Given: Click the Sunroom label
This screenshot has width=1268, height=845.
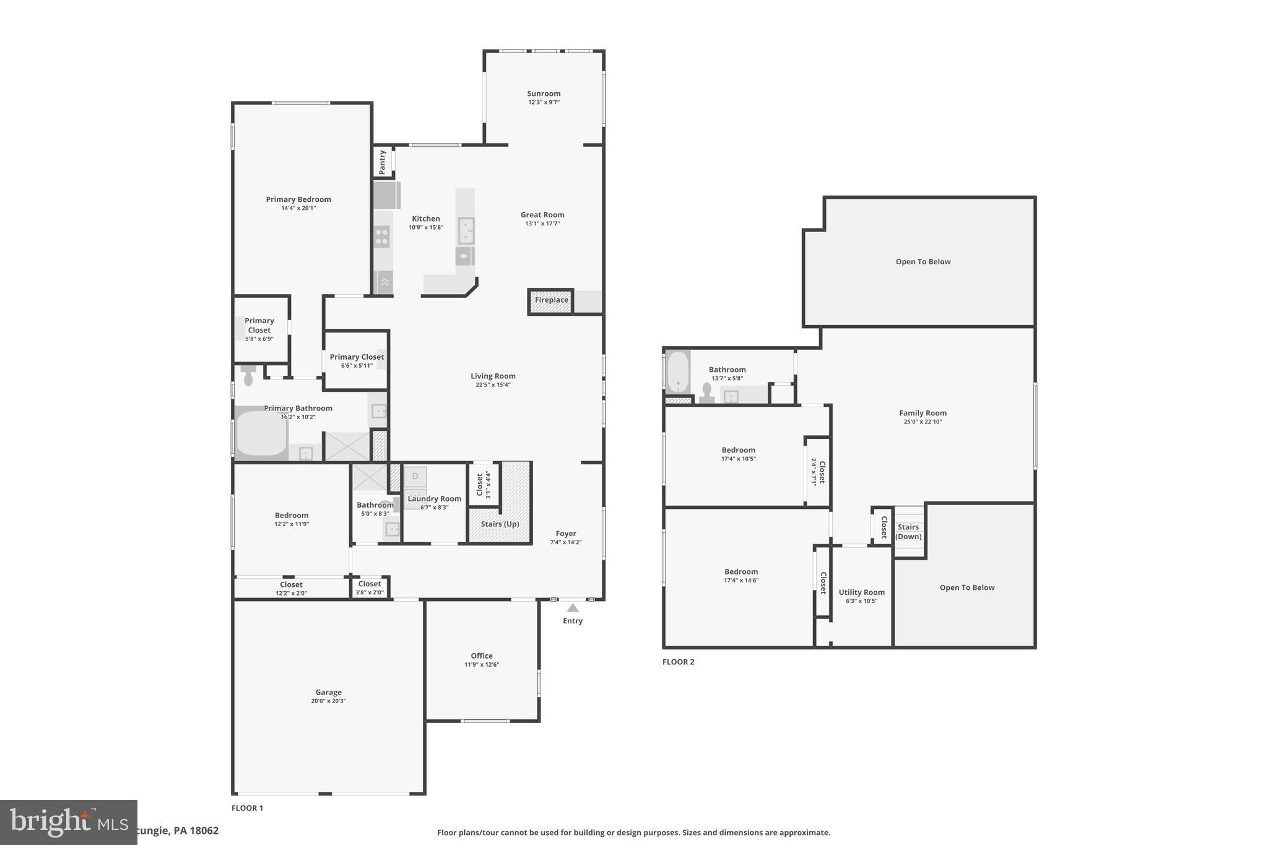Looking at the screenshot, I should (x=544, y=93).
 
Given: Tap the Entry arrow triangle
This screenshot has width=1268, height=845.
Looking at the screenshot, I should (x=573, y=608).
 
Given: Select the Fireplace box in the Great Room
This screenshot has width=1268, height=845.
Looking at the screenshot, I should (x=551, y=300).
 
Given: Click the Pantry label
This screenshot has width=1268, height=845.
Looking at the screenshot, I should (x=383, y=162).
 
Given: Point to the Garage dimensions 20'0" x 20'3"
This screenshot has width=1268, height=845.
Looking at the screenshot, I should (x=328, y=701).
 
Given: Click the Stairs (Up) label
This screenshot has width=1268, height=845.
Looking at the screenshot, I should (x=500, y=524).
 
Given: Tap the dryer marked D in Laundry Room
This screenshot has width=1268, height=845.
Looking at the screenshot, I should (x=415, y=476).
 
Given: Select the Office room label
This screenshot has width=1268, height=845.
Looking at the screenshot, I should (x=482, y=656).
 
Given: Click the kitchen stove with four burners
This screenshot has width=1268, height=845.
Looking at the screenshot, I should (x=382, y=236).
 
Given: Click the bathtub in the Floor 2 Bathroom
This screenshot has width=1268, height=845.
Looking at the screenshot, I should (x=678, y=372).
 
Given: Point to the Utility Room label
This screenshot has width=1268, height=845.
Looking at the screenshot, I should (x=861, y=592).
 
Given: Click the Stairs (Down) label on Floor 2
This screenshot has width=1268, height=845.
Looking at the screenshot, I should (x=908, y=532).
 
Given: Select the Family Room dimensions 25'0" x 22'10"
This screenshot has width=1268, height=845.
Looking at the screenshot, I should (x=923, y=422).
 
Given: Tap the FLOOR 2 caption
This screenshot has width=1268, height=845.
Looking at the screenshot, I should (x=678, y=662).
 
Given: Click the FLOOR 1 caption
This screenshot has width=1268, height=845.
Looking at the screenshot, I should (x=247, y=808).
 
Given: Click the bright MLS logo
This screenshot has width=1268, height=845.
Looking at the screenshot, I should (x=68, y=822).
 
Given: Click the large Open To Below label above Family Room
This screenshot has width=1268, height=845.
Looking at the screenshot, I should (x=923, y=261).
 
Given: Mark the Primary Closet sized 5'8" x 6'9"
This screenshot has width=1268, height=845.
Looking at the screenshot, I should (x=259, y=329).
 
